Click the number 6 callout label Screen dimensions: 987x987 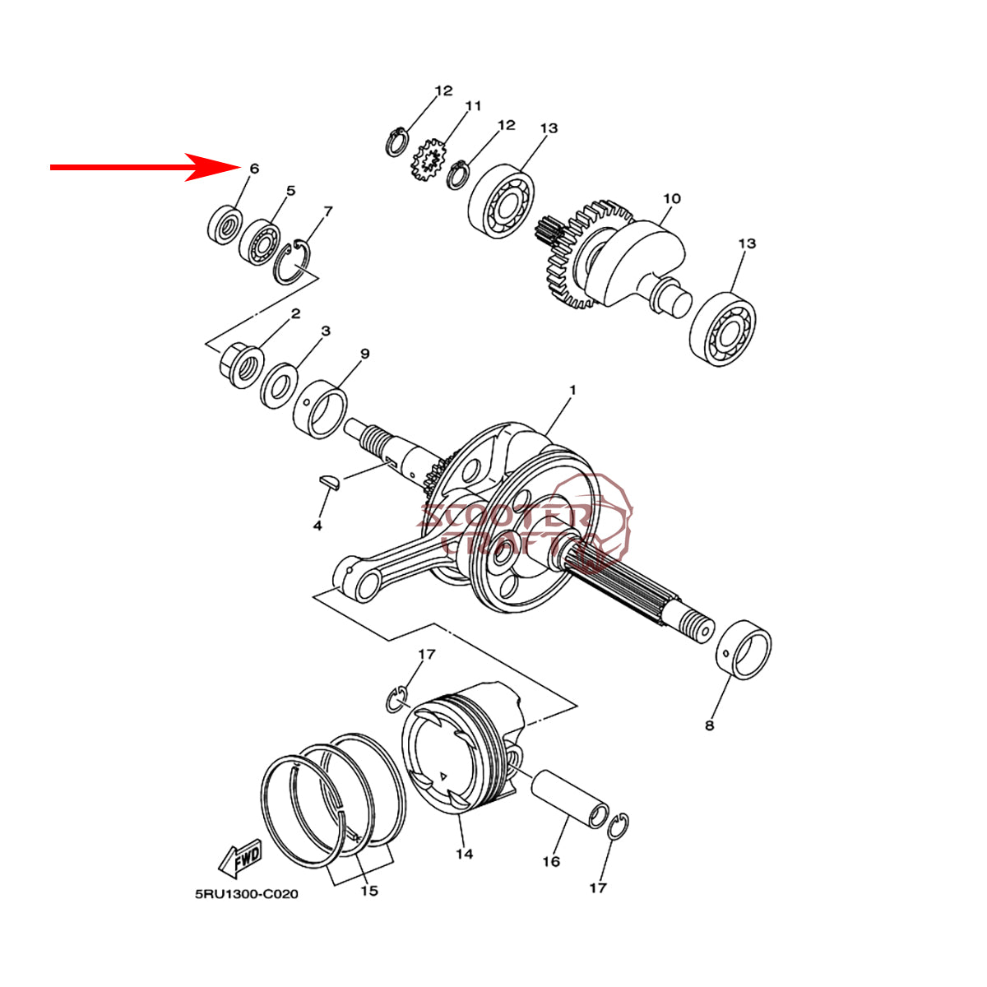[x=254, y=169]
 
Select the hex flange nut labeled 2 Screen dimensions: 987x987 [x=241, y=366]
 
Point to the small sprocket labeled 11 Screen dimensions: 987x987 [x=429, y=160]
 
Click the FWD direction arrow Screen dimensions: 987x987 [x=240, y=859]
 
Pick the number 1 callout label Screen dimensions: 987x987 [x=572, y=391]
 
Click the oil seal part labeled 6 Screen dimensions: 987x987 [x=225, y=225]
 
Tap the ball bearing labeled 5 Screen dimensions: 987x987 [x=260, y=243]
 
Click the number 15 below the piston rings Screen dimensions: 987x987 [x=368, y=891]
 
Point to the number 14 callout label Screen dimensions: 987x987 [x=465, y=854]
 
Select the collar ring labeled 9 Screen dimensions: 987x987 [x=320, y=410]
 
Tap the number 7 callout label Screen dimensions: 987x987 [x=328, y=211]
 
